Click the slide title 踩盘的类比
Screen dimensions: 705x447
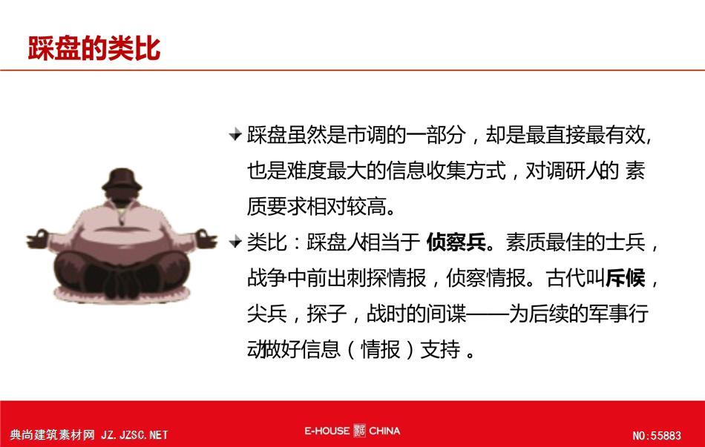click(94, 48)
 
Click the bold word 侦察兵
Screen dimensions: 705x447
click(456, 242)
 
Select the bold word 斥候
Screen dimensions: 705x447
click(626, 278)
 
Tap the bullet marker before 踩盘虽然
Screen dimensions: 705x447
click(235, 134)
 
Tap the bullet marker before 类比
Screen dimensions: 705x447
click(235, 242)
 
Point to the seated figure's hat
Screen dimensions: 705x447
click(122, 179)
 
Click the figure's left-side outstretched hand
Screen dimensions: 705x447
click(38, 239)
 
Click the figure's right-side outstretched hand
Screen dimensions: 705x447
click(206, 239)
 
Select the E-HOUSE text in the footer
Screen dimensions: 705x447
click(327, 431)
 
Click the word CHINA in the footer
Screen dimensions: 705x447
click(384, 431)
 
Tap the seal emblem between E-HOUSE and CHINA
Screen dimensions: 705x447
click(359, 431)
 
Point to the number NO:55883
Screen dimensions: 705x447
click(657, 435)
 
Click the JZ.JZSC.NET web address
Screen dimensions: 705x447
click(134, 435)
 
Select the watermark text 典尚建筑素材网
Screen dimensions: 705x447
click(52, 435)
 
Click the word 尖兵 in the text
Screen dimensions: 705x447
click(267, 314)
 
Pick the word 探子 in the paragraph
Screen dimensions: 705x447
click(327, 314)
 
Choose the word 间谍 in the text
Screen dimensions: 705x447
click(447, 314)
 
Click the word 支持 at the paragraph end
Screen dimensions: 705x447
click(440, 349)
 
